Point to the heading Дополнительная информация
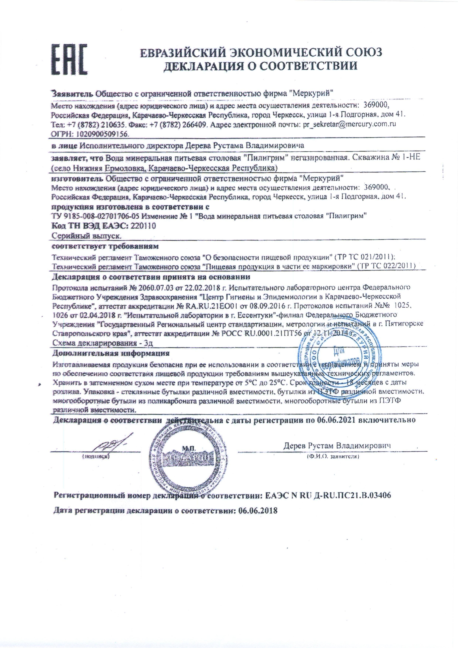pos(111,353)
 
